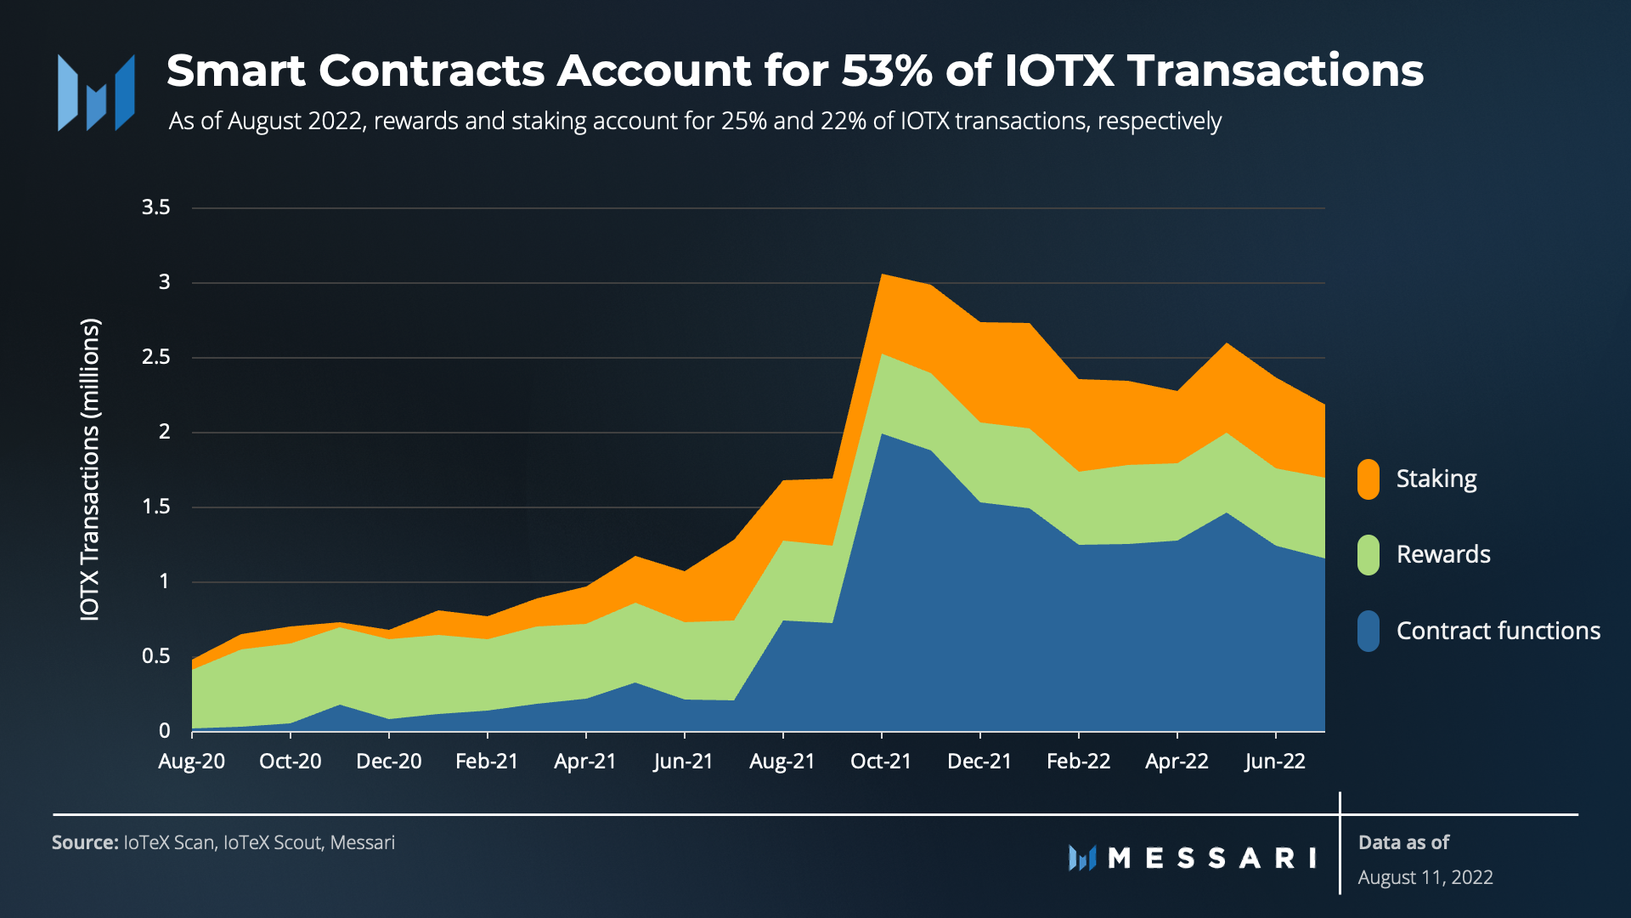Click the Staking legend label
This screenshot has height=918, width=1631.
(x=1436, y=479)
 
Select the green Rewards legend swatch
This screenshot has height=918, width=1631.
(x=1368, y=555)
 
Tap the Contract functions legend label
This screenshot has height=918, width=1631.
(x=1498, y=631)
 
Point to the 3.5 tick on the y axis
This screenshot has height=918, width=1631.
(x=156, y=207)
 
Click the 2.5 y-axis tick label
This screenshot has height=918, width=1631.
(x=156, y=357)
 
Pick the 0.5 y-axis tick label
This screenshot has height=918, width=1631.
(x=156, y=656)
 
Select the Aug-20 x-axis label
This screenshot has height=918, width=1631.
(x=192, y=762)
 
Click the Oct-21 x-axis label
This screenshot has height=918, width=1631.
(x=881, y=762)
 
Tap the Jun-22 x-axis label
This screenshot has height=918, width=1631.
(x=1275, y=762)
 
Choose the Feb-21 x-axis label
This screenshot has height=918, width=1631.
(x=487, y=762)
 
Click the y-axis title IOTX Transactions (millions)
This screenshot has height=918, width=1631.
(x=90, y=469)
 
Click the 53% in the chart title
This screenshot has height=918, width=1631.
(x=887, y=71)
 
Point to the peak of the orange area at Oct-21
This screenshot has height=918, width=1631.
(x=883, y=275)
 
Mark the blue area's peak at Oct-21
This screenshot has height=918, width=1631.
(x=883, y=434)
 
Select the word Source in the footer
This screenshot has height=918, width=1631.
(x=84, y=843)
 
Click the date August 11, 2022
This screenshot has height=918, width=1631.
(x=1425, y=878)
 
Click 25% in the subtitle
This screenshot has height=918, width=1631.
(x=743, y=122)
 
